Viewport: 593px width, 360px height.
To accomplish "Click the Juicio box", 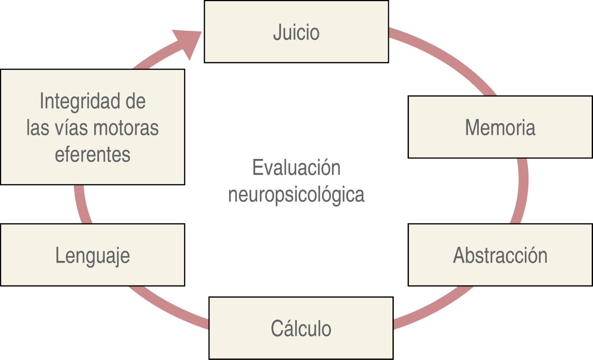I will (x=296, y=32).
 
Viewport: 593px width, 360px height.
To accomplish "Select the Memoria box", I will (x=500, y=127).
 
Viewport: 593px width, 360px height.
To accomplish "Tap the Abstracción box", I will (x=500, y=255).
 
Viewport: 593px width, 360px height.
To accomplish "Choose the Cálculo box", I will (x=301, y=328).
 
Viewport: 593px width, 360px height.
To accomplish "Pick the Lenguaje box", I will (x=92, y=255).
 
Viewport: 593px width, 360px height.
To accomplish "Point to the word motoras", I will (x=126, y=128).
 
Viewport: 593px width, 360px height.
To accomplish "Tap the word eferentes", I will (x=92, y=154).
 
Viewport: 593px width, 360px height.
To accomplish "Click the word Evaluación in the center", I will (x=296, y=167).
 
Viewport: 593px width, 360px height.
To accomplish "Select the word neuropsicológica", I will (x=296, y=194).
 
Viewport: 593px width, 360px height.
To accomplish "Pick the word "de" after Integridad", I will (x=135, y=101).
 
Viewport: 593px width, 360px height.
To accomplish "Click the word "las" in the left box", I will (x=38, y=128).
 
